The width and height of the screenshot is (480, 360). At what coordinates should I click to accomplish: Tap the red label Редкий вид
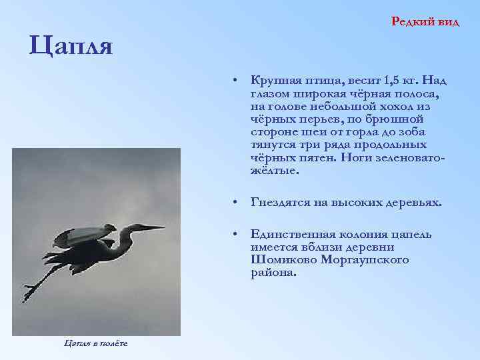click(425, 21)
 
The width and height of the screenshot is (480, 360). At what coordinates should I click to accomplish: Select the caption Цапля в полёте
click(96, 343)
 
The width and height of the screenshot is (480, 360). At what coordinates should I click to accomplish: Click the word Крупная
click(273, 81)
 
